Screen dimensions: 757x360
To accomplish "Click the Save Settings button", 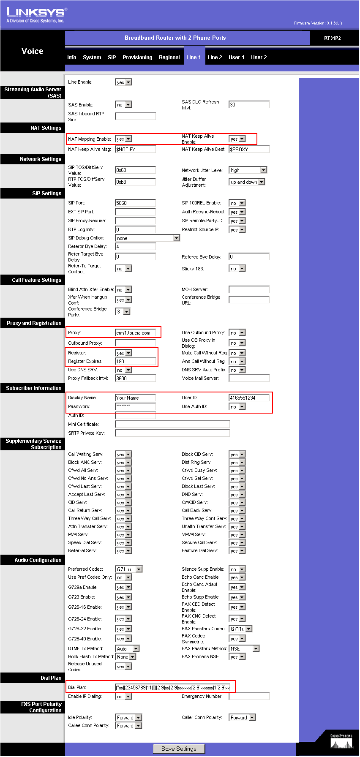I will point(179,749).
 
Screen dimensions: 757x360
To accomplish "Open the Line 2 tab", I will point(215,57).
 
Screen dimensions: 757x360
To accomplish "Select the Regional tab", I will point(169,57).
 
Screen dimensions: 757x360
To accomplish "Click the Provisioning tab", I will point(137,57).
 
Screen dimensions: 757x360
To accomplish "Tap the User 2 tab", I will point(259,57).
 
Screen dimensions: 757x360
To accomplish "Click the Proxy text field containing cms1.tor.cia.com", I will point(135,333).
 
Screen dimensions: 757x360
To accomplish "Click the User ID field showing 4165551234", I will point(249,398).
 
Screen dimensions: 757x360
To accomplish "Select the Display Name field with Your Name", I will point(135,398).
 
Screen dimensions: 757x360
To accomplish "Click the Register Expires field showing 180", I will point(135,362).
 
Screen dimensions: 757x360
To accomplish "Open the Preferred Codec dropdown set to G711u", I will point(129,569).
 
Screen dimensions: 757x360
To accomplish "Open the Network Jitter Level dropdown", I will point(248,170).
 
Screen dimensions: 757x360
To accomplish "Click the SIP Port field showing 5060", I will point(135,203).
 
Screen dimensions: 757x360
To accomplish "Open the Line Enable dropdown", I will point(123,82).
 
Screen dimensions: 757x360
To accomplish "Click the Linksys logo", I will point(36,15).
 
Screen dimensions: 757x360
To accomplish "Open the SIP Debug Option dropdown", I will point(147,238).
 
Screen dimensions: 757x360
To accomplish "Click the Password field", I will point(135,406).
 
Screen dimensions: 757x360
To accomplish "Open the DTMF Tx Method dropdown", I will point(127,649).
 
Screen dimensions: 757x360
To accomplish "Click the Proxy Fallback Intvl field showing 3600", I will point(135,378).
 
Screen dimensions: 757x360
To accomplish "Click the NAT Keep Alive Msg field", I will point(135,150).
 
